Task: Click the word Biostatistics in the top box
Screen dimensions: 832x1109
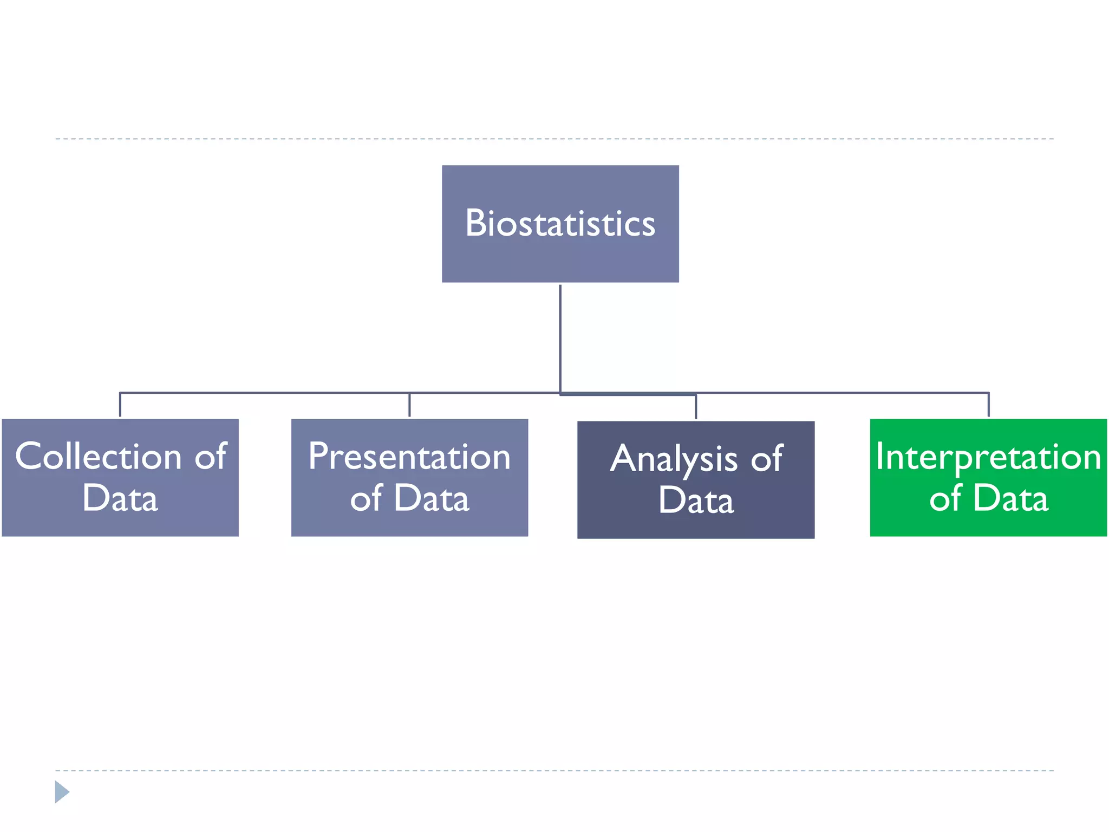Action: coord(560,223)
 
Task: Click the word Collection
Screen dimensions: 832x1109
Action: coord(98,456)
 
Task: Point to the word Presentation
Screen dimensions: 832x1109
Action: coord(409,456)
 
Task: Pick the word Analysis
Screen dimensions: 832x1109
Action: coord(674,459)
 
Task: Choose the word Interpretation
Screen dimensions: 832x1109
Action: coord(988,456)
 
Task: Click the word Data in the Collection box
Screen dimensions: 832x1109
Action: coord(120,498)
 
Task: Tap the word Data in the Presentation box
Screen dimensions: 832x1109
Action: coord(432,498)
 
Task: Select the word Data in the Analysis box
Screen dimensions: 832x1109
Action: coord(696,500)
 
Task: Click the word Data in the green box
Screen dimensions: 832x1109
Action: coord(1010,498)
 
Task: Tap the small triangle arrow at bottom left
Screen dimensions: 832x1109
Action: coord(62,792)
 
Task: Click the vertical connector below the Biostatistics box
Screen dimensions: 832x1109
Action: coord(560,336)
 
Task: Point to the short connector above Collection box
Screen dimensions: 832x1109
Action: coord(120,405)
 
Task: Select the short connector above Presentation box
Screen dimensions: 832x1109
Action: coord(409,405)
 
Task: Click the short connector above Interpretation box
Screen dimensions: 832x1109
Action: coord(988,405)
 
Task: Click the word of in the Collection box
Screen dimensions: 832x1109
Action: coord(211,456)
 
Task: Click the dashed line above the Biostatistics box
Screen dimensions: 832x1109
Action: coord(554,139)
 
